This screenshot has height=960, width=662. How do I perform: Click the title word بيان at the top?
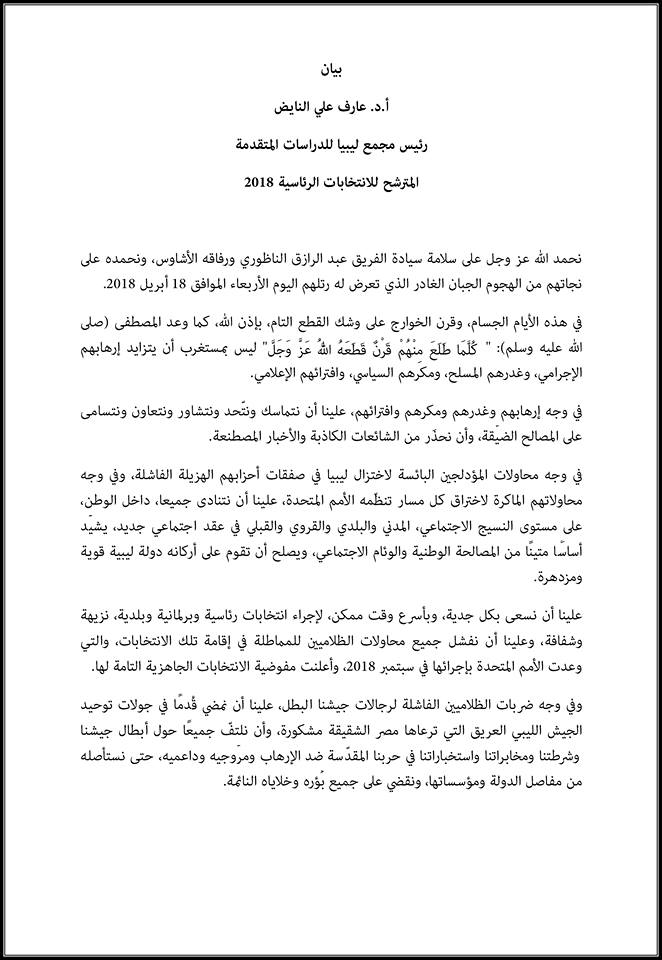coord(331,72)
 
